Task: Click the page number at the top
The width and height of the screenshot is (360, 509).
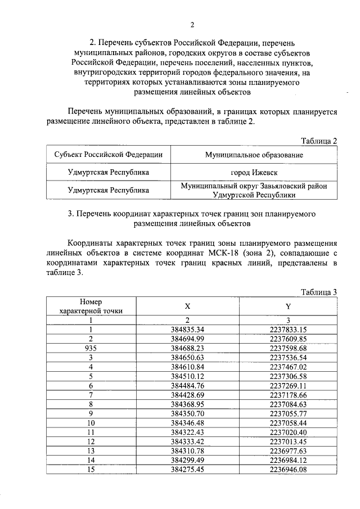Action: click(192, 25)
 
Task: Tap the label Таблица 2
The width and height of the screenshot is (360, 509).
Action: click(318, 141)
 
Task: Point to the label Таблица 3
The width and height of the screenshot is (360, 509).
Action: click(318, 291)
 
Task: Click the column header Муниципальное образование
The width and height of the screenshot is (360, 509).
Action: click(254, 155)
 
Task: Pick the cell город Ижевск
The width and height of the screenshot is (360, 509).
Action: click(254, 172)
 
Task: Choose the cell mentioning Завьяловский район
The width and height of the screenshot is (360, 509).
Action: click(254, 190)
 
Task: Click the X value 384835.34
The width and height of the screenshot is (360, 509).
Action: click(187, 329)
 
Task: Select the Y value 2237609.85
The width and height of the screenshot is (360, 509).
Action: click(287, 339)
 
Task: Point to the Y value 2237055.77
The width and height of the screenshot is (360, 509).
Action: click(287, 413)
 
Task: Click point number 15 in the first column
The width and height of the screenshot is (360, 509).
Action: click(91, 469)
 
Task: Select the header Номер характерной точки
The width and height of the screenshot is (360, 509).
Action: click(91, 306)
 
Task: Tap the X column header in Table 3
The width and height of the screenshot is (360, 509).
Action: click(187, 306)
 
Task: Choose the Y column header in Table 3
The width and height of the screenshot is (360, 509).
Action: click(287, 306)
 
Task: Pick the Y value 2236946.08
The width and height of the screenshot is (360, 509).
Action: click(287, 469)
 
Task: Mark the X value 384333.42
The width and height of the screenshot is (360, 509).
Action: click(187, 441)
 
